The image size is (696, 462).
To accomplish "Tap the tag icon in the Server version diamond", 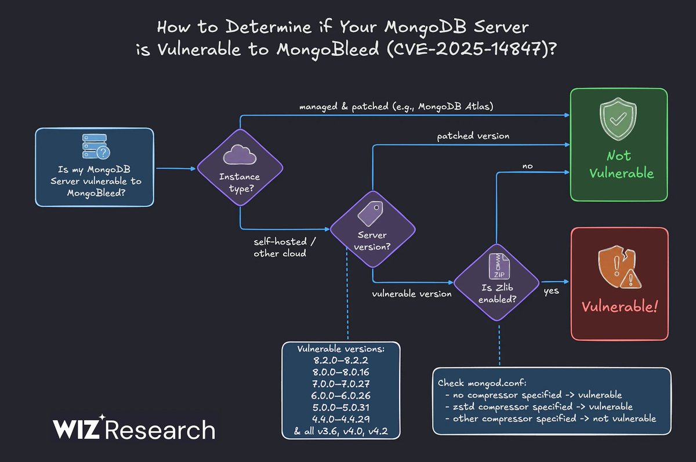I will coord(372,213).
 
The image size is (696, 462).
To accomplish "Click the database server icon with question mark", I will coord(95,147).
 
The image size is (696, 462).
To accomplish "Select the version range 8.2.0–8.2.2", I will coord(341,360).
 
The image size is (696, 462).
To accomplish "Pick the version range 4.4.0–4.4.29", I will coord(341,418).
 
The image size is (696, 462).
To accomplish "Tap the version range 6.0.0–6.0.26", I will coord(341,395).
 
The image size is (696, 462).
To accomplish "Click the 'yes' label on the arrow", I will coord(551,290).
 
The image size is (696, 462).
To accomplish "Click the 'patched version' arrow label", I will coord(473,136).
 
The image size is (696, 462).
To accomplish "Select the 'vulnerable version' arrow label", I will coord(412,294).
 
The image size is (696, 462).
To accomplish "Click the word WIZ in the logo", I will coord(78,430).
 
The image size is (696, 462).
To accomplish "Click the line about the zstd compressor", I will coord(543,406).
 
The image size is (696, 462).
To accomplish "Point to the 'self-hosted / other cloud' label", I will coord(280,246).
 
